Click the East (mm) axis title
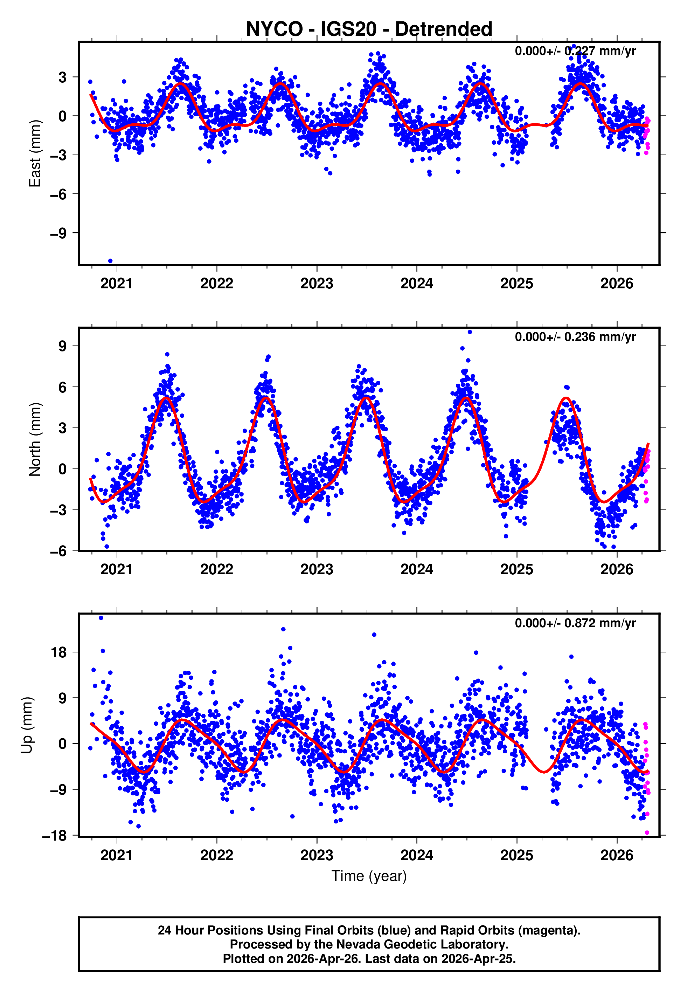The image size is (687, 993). (x=34, y=154)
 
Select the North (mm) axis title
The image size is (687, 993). (x=34, y=439)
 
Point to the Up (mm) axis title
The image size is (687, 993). (x=27, y=725)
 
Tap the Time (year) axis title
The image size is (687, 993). (x=369, y=876)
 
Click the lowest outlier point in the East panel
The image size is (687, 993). (x=110, y=261)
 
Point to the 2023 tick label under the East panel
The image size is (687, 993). (x=317, y=284)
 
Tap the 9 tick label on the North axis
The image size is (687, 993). (x=63, y=346)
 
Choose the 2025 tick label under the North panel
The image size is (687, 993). (x=516, y=570)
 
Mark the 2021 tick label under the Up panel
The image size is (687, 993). (x=116, y=855)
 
